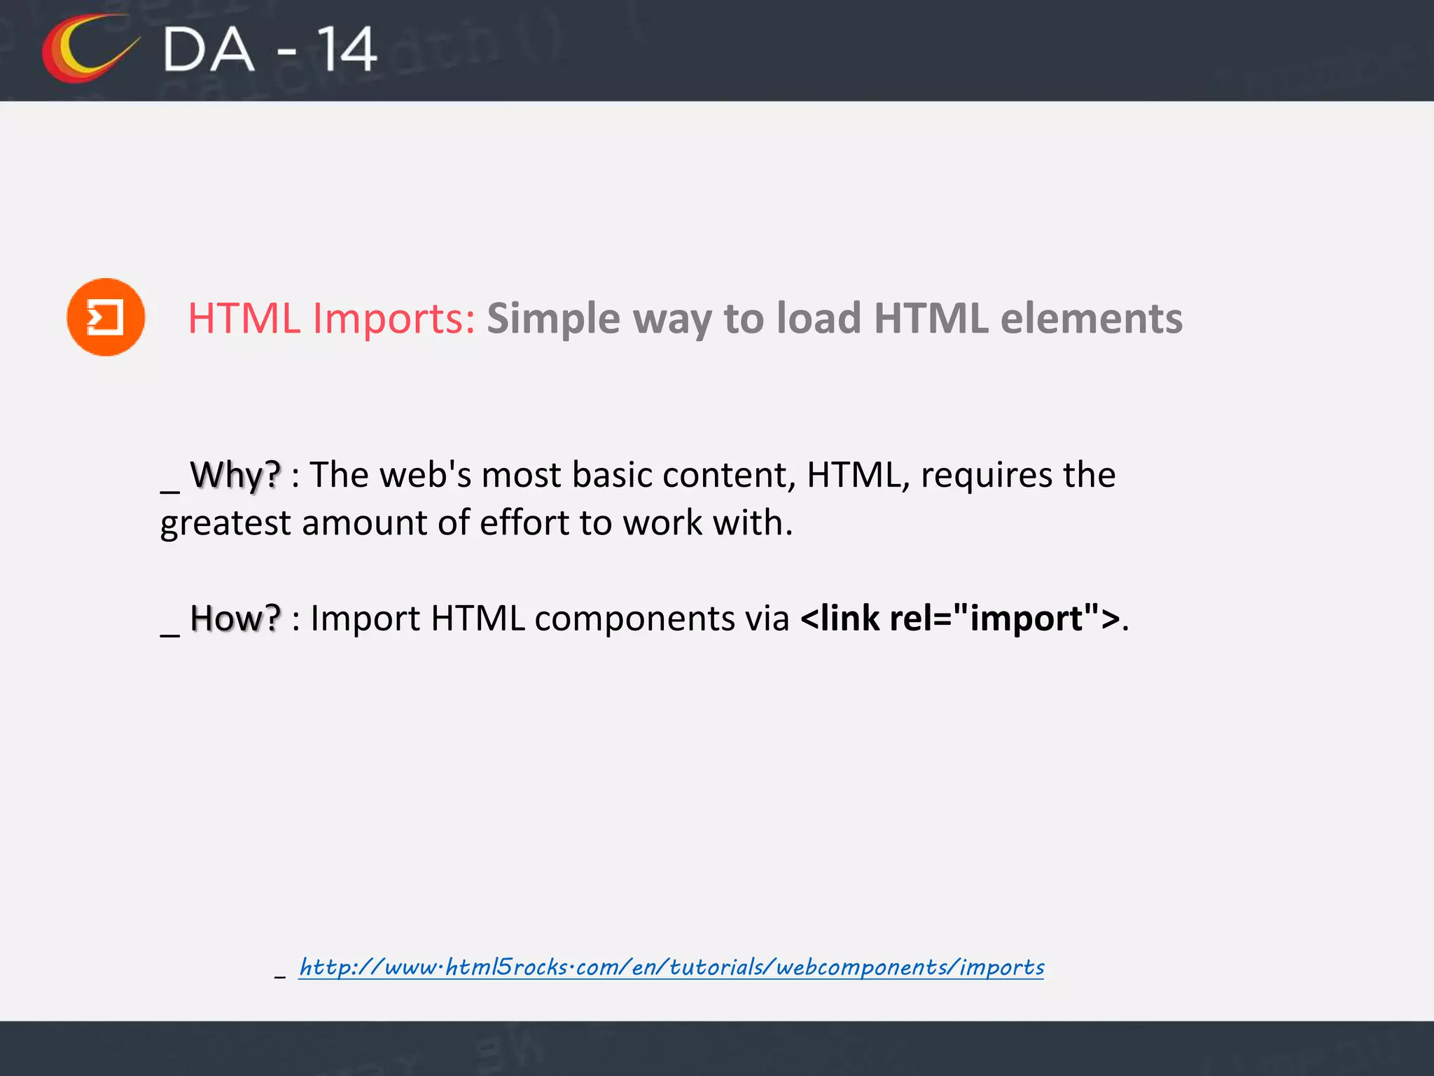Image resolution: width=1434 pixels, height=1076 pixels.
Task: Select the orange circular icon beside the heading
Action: tap(106, 317)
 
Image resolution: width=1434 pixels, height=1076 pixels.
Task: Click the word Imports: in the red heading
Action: tap(394, 319)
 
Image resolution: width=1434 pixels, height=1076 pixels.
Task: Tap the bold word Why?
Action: tap(235, 476)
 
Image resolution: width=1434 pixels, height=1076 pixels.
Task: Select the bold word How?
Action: tap(235, 619)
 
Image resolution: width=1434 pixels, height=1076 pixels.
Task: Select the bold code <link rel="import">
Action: tap(960, 619)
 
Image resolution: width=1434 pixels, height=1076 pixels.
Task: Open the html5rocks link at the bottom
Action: tap(671, 967)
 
